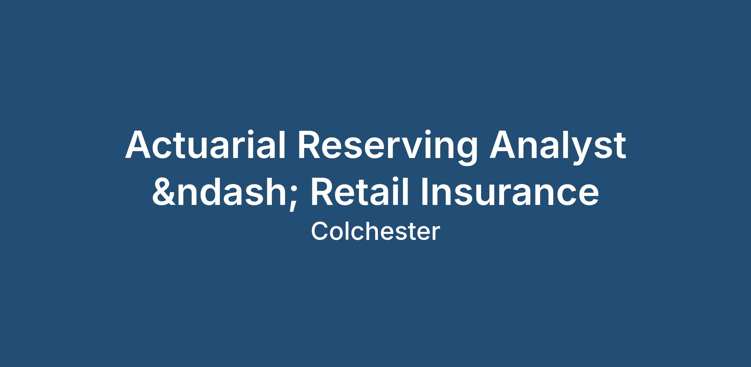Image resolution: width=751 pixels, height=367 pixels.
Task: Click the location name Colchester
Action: click(375, 232)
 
